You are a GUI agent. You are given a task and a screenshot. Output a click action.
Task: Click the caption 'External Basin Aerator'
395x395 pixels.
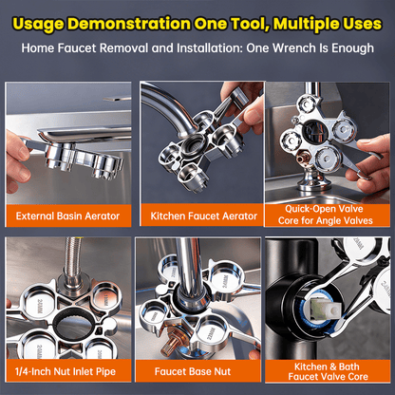pos(67,216)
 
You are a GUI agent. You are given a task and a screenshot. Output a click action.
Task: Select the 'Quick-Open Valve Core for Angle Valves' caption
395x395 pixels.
pos(328,215)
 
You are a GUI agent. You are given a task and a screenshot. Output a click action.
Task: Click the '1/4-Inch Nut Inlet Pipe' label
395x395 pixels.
pos(67,370)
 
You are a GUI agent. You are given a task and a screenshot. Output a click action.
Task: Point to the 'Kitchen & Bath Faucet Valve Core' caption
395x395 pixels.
pos(328,370)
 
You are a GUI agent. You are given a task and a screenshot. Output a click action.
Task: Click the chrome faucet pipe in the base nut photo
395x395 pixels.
pos(189,275)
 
